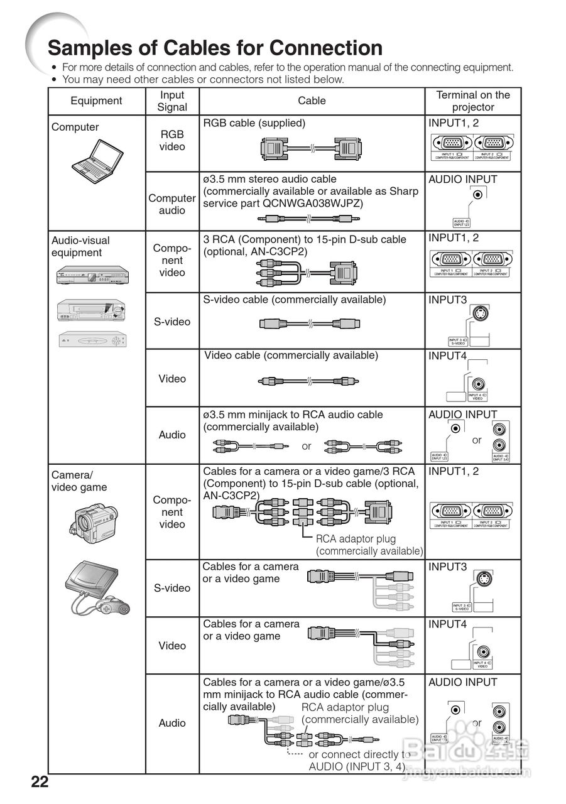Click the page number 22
[40, 782]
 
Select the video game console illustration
[98, 587]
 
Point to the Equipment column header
[96, 100]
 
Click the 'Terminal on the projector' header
[473, 100]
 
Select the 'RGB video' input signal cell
[172, 140]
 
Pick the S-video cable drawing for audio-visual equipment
[309, 323]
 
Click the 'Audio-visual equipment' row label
[80, 246]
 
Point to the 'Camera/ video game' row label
[79, 481]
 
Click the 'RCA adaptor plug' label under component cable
[356, 538]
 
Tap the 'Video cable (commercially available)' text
[291, 356]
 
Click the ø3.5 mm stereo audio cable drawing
[308, 219]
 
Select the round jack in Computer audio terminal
[479, 195]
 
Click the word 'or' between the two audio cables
[307, 446]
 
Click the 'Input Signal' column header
[172, 100]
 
